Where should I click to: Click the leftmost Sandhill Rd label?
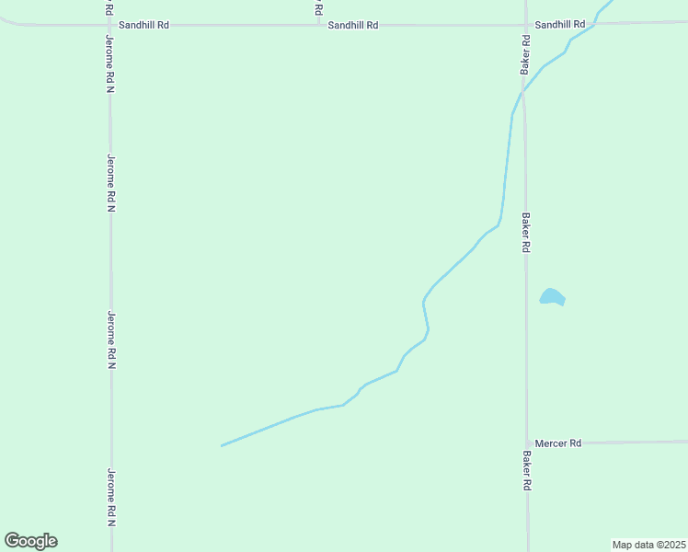coord(150,26)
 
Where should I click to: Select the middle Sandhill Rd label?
coord(353,26)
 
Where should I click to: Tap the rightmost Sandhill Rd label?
coord(559,25)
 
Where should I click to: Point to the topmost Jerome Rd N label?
coord(109,63)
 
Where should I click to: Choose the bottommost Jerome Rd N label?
coord(111,497)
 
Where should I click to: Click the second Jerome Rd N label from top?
coord(110,183)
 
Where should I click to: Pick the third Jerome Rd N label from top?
coord(111,339)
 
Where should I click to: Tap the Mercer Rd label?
coord(558,443)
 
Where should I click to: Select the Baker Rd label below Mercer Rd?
coord(528,469)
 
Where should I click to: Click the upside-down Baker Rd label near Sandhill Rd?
coord(525,56)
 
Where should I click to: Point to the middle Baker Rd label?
coord(526,233)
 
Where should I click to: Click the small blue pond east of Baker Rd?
coord(551,297)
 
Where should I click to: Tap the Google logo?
coord(30,541)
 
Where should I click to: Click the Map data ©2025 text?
coord(648,545)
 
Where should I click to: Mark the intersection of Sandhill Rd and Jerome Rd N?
coord(109,25)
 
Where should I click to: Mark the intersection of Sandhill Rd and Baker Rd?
coord(525,25)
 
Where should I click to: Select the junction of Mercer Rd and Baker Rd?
coord(527,443)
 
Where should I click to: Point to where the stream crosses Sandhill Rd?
coord(594,23)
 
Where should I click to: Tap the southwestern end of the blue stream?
coord(222,446)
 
